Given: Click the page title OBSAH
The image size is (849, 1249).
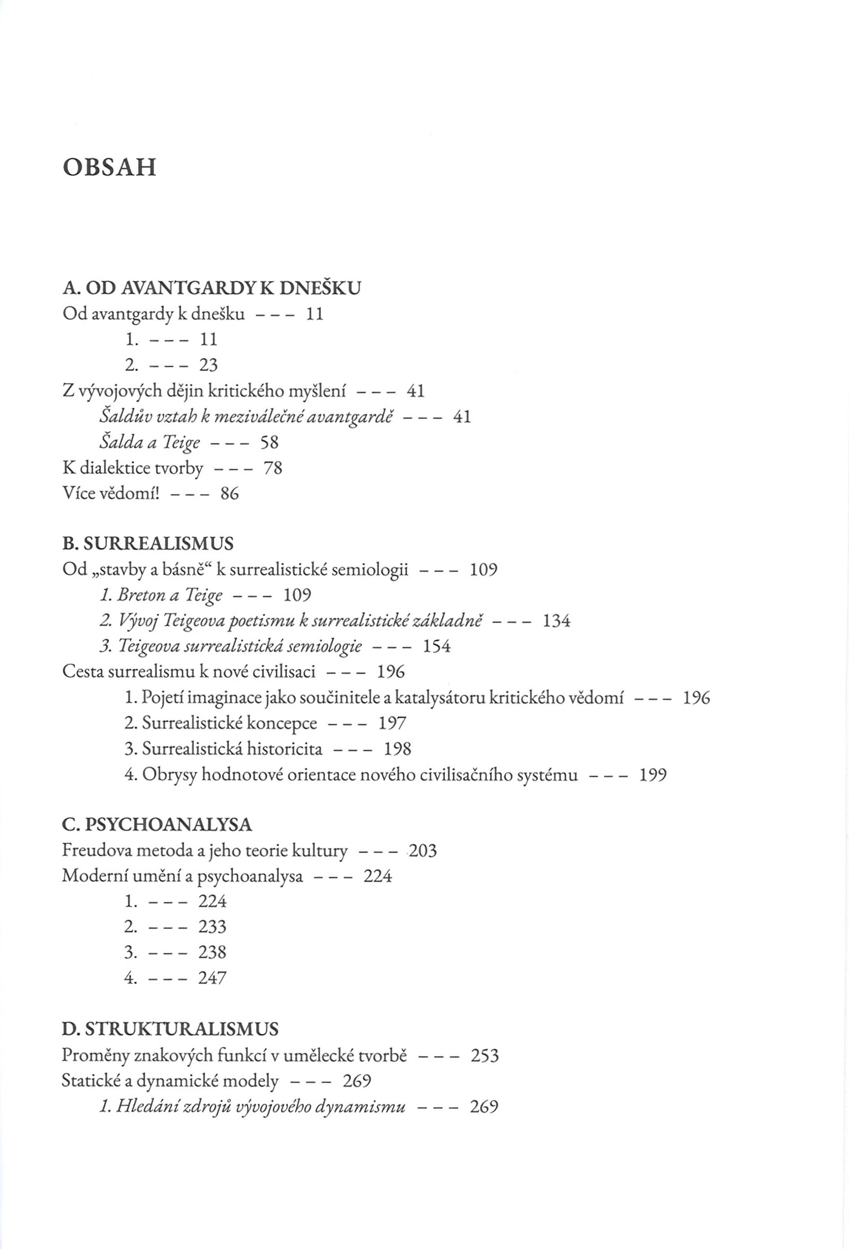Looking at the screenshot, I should (109, 167).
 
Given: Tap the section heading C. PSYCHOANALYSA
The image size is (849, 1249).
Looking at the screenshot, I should (157, 824).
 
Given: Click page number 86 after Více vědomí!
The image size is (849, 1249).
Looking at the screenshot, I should (229, 493).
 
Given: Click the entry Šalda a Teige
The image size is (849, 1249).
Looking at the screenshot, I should (150, 442).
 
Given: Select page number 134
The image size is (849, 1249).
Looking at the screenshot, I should (557, 621).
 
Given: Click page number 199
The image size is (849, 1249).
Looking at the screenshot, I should (653, 775).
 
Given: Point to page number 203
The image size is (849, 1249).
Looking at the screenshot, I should (423, 851).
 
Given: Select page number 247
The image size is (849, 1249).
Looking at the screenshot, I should (212, 977).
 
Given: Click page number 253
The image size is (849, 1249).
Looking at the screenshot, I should (484, 1056).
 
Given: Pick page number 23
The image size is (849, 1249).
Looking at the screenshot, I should (209, 365).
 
